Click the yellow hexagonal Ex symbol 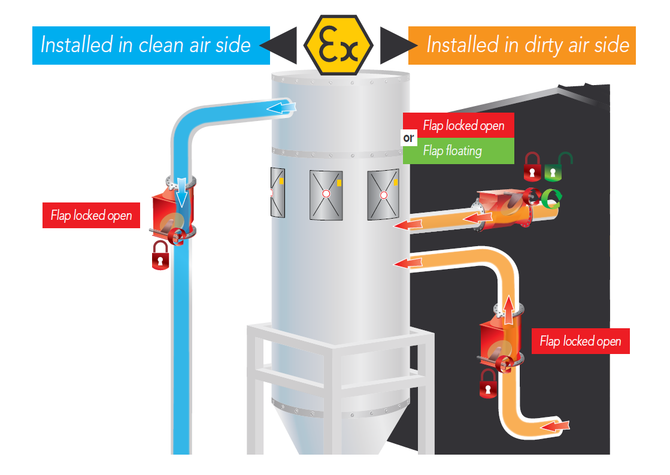point(338,44)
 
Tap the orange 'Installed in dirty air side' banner point(522,45)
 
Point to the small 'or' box point(410,138)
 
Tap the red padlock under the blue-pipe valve point(160,256)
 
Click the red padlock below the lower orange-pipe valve point(489,384)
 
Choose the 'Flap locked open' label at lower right point(580,341)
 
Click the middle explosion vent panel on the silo point(326,194)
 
